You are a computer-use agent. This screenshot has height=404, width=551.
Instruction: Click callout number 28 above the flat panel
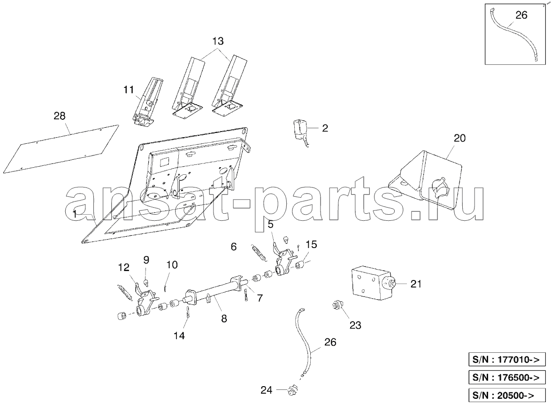click(x=60, y=116)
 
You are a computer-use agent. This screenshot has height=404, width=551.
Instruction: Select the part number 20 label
click(x=459, y=138)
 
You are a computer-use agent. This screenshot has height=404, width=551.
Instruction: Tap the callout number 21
click(x=416, y=283)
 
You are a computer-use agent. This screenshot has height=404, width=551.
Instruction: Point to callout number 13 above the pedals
click(x=218, y=41)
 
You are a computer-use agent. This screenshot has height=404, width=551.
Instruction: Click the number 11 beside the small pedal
click(x=129, y=90)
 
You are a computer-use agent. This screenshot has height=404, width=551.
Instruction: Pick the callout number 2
click(x=325, y=128)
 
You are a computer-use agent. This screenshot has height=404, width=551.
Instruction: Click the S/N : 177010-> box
click(x=507, y=360)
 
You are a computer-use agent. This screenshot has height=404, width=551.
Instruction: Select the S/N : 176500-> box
click(x=507, y=377)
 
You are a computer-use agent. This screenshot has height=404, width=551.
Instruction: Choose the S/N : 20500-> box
click(x=507, y=395)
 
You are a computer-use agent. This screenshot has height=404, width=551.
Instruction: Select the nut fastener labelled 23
click(x=337, y=305)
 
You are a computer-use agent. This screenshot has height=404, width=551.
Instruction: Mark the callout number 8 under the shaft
click(x=224, y=319)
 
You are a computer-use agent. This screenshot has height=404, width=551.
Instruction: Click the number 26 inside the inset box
click(x=521, y=15)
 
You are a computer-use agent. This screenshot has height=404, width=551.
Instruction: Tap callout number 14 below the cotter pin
click(x=179, y=336)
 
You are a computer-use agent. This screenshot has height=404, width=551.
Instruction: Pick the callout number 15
click(x=311, y=244)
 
